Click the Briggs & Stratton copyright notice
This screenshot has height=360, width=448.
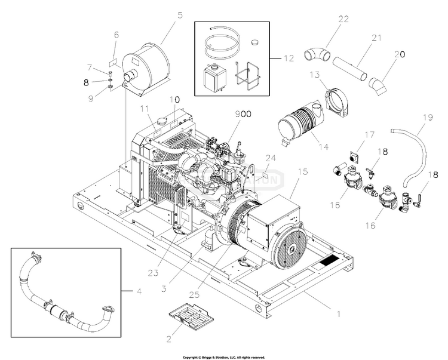pos(223,357)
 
